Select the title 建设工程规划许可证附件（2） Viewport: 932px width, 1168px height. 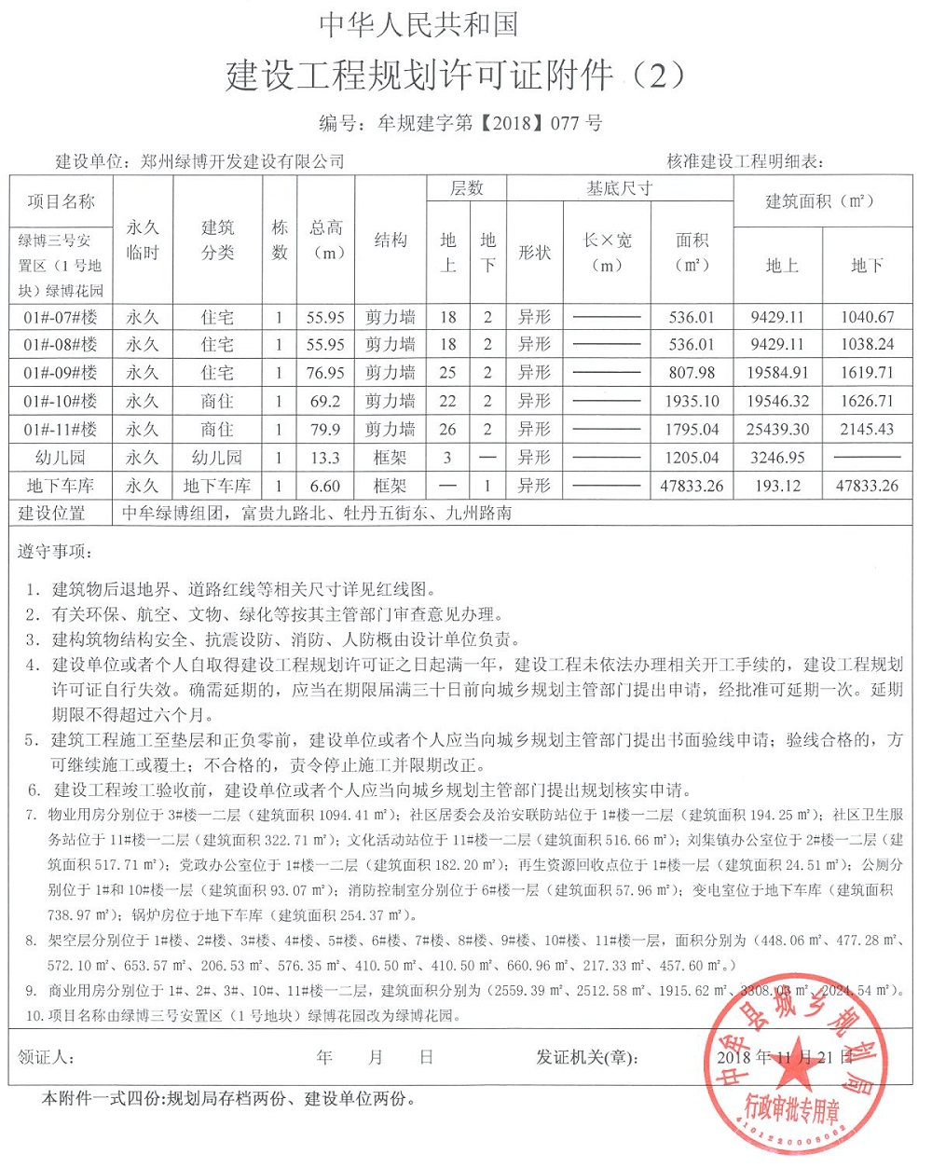[456, 76]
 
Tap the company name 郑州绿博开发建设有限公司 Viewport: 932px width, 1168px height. [242, 161]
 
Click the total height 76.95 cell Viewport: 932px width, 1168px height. [326, 373]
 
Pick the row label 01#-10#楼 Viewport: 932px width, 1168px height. [61, 401]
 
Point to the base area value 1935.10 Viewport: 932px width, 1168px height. [693, 401]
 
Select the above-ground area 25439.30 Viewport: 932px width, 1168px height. [778, 430]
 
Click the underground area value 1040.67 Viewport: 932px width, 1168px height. [867, 317]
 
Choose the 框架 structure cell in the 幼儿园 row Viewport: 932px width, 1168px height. [390, 458]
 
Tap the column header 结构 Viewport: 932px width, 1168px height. [390, 240]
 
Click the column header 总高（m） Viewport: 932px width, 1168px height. [326, 240]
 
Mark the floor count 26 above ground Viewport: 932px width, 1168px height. [447, 430]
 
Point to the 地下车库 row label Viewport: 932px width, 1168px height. [61, 486]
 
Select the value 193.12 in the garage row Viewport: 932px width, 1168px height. [778, 486]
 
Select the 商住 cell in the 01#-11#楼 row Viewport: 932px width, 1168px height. [217, 430]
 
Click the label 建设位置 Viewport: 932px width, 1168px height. [52, 513]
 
